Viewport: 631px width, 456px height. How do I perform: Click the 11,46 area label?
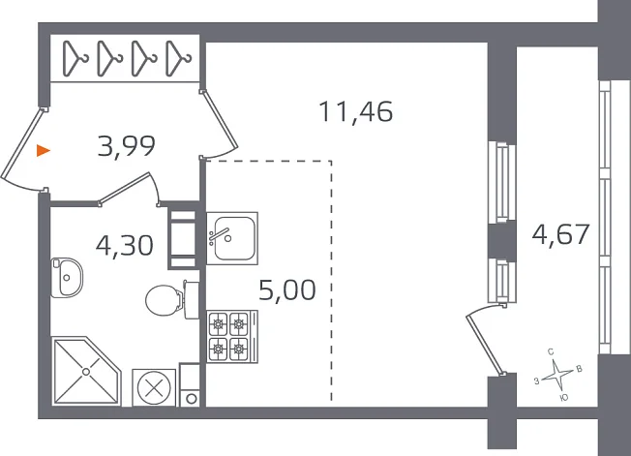355,112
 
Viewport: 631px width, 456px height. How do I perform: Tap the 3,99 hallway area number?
127,145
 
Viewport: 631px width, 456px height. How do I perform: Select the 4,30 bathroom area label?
124,245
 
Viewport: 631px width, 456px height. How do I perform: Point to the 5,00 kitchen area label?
286,289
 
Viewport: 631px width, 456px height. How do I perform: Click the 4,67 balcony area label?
560,234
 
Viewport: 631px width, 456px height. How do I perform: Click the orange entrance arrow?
43,150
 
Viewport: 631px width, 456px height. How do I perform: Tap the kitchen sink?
232,238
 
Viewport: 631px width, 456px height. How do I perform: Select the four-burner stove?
232,337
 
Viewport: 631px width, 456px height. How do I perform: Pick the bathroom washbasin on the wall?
67,278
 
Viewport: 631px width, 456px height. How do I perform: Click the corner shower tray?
86,371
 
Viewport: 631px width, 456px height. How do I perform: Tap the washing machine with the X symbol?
154,388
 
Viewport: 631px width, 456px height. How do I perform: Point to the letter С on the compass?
551,352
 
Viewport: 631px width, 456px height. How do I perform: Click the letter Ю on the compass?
564,398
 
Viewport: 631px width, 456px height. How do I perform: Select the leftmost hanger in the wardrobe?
75,58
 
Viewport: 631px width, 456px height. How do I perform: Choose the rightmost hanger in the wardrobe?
178,58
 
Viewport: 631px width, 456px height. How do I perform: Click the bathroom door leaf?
126,188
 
